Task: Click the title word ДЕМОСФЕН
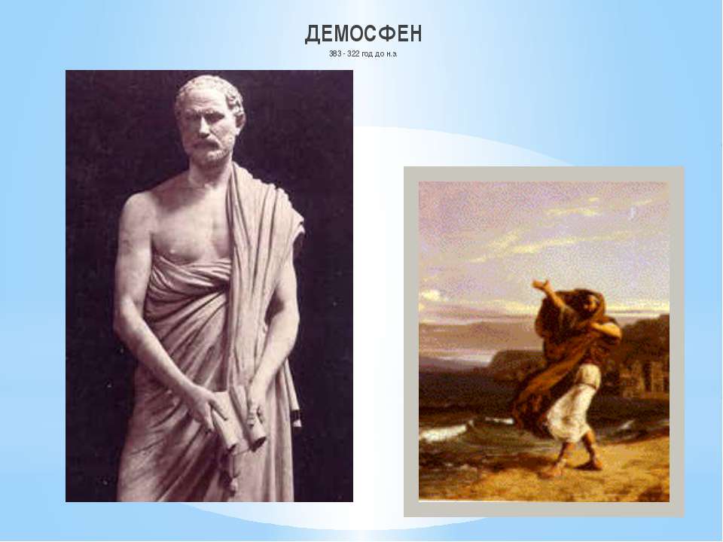(363, 34)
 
